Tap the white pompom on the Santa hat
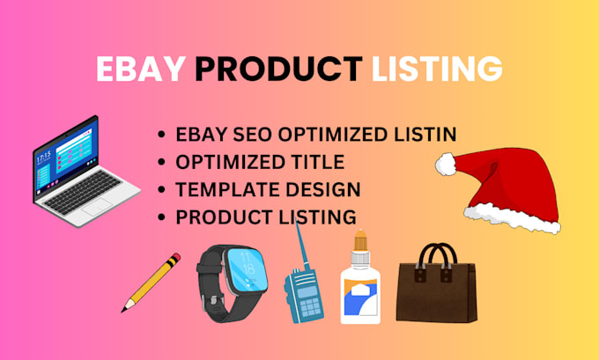tap(447, 163)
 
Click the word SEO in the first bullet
tap(253, 135)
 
